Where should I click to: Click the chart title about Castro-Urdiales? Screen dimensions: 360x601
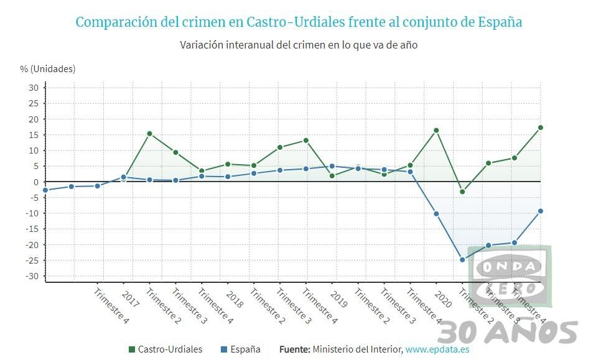(299, 22)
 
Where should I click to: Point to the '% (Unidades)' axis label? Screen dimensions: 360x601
(48, 68)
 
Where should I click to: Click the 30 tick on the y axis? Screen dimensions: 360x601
(33, 88)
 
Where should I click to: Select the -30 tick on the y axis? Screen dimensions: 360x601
(32, 276)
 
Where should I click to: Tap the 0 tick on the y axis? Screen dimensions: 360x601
(36, 182)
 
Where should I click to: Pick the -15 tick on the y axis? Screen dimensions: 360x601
(32, 229)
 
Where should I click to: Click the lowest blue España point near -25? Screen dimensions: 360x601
(462, 260)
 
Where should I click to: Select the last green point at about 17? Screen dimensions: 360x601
(541, 127)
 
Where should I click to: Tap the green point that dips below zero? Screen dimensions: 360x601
(462, 192)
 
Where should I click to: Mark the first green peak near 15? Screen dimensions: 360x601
(149, 134)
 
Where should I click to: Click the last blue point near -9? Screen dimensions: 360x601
(541, 211)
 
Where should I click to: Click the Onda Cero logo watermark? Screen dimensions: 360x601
(510, 276)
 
